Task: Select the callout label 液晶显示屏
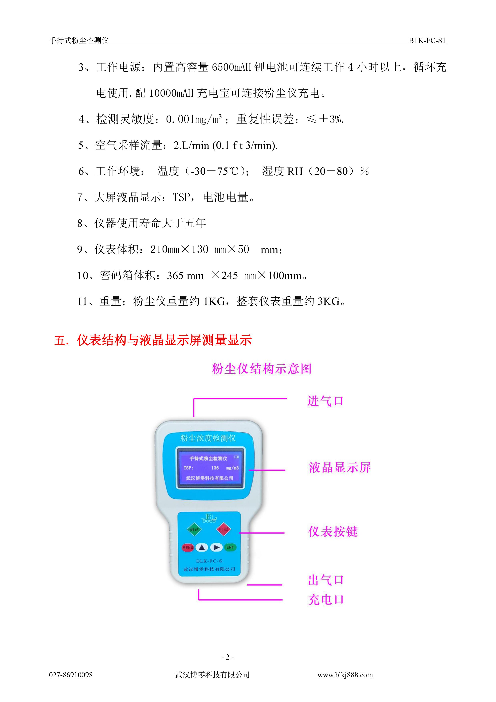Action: [340, 467]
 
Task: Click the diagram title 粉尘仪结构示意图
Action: [262, 369]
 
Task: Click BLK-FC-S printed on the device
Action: [209, 561]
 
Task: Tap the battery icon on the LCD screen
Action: [236, 457]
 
